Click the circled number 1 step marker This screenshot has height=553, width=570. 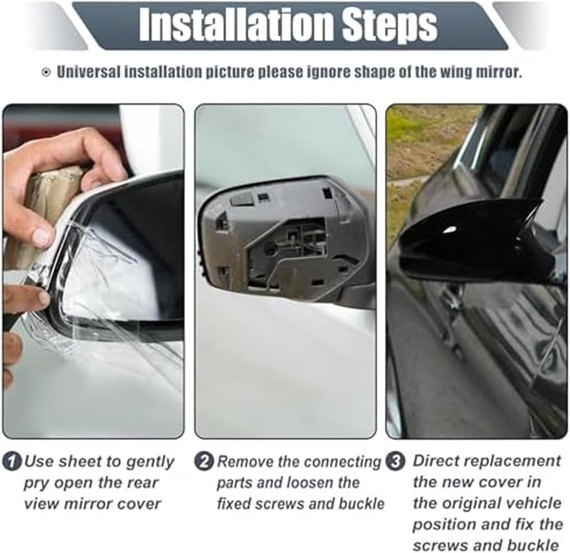point(12,462)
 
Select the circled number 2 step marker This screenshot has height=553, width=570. point(205,462)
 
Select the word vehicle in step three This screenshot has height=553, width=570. point(534,504)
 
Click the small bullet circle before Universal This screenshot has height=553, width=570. point(47,73)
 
